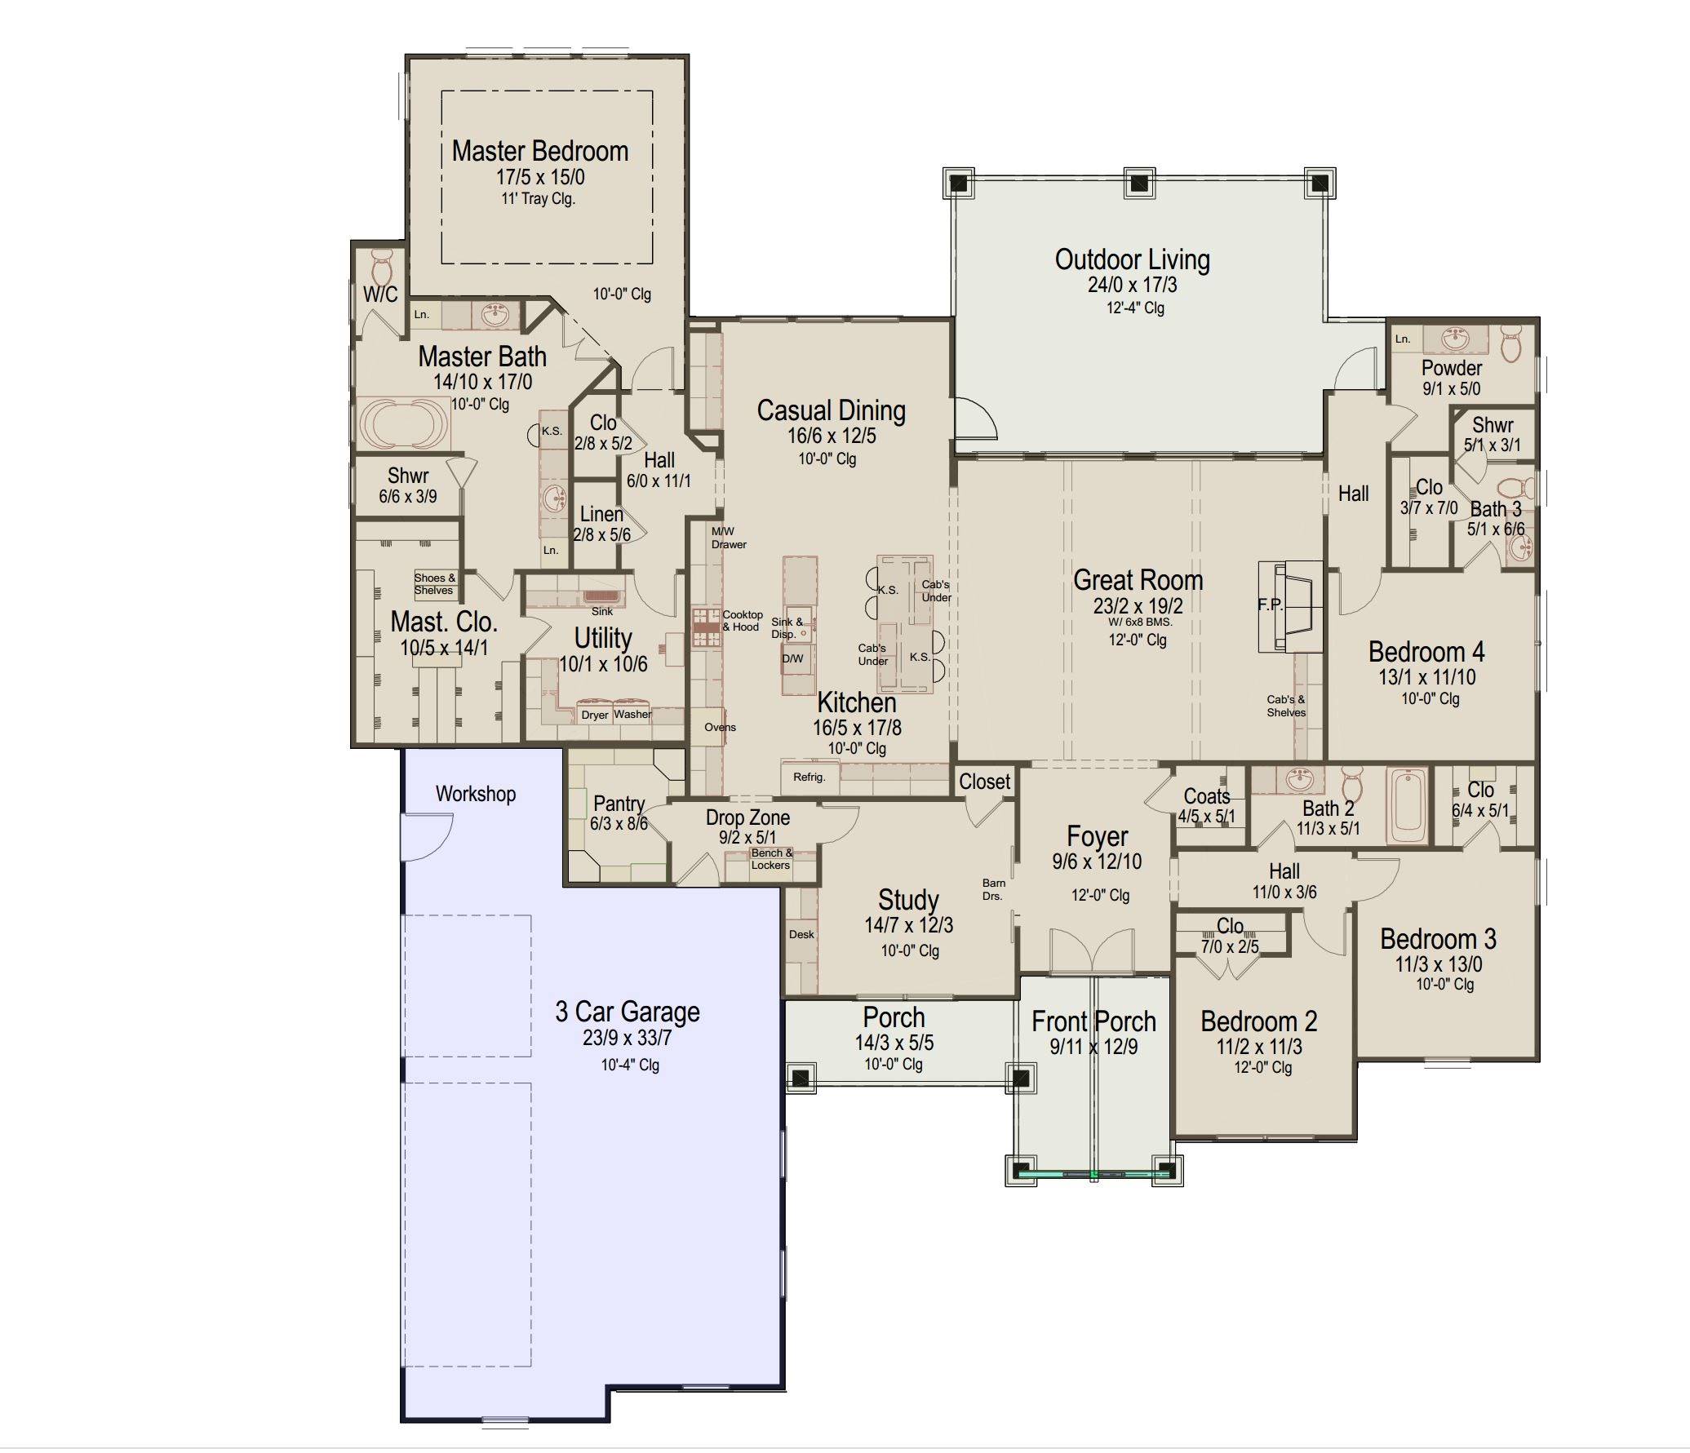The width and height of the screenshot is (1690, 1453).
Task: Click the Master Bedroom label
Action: [540, 152]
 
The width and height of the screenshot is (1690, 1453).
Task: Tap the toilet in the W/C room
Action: [381, 264]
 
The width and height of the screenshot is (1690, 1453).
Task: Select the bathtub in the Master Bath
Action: [404, 422]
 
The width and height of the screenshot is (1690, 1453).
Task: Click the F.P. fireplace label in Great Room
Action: [1270, 605]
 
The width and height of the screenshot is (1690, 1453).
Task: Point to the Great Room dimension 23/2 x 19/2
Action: [1138, 605]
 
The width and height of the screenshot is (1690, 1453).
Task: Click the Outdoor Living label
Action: [1132, 259]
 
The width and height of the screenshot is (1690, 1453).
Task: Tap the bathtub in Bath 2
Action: [1408, 806]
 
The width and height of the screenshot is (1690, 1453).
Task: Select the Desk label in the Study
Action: [801, 934]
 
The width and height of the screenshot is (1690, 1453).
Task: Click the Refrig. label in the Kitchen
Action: [809, 777]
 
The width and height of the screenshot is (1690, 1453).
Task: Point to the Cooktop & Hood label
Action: [742, 621]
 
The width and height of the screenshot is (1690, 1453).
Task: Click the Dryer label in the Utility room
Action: [594, 715]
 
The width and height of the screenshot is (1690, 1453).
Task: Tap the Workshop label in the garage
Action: [475, 794]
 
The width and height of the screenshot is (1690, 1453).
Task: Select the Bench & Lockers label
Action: [771, 859]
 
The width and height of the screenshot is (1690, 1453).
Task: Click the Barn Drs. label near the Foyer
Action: [993, 889]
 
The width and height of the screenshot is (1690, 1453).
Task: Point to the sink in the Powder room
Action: [1454, 337]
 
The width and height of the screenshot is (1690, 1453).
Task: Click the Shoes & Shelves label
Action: [434, 584]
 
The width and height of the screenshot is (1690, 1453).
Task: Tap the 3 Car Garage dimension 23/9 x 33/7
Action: [627, 1038]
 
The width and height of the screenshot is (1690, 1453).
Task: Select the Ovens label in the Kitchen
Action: [720, 727]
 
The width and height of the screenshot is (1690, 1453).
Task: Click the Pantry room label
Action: [619, 804]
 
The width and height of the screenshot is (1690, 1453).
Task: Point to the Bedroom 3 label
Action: [1438, 939]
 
